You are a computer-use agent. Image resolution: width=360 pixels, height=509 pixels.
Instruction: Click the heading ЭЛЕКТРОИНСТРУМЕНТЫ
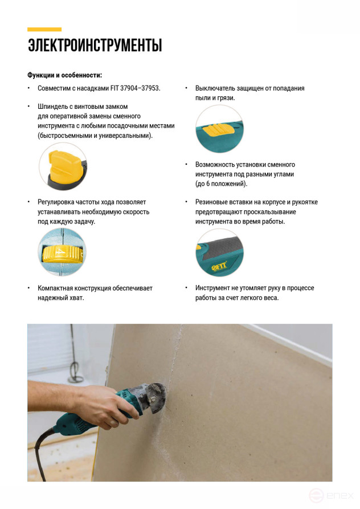95,46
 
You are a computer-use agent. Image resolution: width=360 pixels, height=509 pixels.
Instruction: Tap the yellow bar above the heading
44,29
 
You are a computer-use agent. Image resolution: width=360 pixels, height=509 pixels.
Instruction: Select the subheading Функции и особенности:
64,75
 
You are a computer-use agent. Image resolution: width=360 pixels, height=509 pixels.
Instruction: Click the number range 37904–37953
140,88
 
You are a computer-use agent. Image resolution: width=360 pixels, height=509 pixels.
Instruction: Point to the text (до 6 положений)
221,184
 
